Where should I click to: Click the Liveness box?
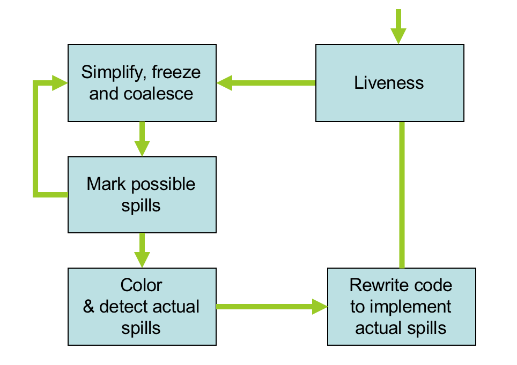coord(389,83)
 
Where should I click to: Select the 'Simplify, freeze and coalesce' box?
coord(142,83)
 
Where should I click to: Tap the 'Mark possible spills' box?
coord(142,195)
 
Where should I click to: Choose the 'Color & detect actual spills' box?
coord(142,307)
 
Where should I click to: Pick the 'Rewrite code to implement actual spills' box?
coord(401,307)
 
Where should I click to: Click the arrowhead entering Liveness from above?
coord(398,35)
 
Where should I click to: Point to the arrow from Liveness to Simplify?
coord(266,83)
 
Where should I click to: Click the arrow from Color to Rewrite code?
coord(271,307)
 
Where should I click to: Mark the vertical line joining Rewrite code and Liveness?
coord(402,195)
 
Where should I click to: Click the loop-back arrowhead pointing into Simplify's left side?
coord(60,83)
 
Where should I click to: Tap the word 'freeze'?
coord(180,72)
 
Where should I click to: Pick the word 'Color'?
coord(142,285)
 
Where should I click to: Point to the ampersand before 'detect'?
coord(89,307)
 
